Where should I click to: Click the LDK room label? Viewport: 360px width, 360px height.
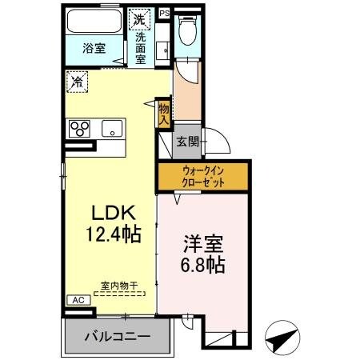pos(115,214)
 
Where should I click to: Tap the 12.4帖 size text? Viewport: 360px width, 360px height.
pos(115,234)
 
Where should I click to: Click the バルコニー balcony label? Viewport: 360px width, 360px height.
pos(118,336)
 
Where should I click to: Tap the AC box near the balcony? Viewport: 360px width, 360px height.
pos(78,299)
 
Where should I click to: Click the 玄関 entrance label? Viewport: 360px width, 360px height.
pos(187,142)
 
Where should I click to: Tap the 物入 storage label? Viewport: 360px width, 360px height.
pos(163,112)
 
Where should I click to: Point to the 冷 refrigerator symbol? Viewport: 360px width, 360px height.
pos(78,81)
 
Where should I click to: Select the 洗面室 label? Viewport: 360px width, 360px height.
pos(140,47)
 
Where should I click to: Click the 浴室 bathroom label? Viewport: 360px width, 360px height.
pos(95,49)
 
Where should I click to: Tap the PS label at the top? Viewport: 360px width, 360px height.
pos(164,13)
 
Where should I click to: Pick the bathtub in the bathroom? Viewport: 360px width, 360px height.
pos(94,22)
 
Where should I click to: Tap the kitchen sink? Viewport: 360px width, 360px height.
pos(110,127)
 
